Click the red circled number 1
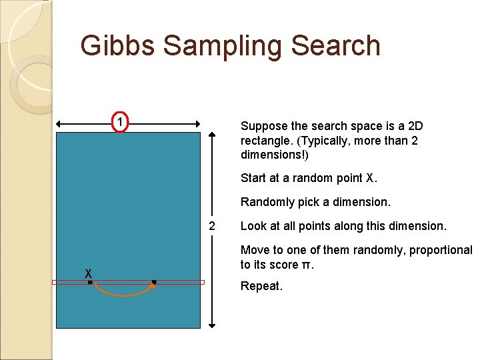click(119, 123)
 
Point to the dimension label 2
click(212, 226)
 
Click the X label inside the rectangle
click(87, 273)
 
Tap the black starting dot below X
click(91, 283)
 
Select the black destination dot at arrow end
click(154, 283)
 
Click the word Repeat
click(261, 287)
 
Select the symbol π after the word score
click(307, 265)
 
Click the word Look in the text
click(252, 226)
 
